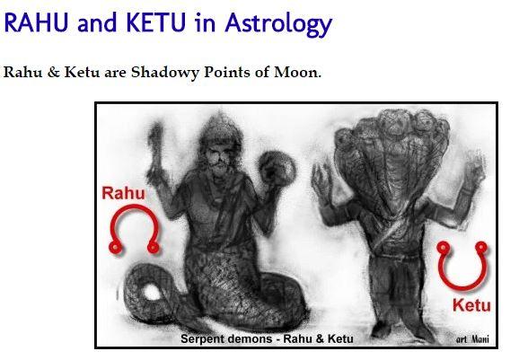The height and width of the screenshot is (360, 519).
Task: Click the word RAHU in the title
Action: (x=36, y=22)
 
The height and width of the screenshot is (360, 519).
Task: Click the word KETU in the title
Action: (x=156, y=22)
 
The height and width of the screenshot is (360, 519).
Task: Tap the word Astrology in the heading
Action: (x=278, y=25)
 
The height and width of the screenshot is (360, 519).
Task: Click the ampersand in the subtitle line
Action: (x=53, y=72)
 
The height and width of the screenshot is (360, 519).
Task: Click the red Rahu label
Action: (x=123, y=193)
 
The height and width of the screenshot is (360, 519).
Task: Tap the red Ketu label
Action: (x=471, y=304)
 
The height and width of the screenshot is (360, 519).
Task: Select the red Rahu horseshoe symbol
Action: (x=134, y=208)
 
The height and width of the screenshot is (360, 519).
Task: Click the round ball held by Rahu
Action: (x=277, y=169)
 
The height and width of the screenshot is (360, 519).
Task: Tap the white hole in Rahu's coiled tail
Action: (x=152, y=293)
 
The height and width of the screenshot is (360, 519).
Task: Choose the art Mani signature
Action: (x=472, y=338)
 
